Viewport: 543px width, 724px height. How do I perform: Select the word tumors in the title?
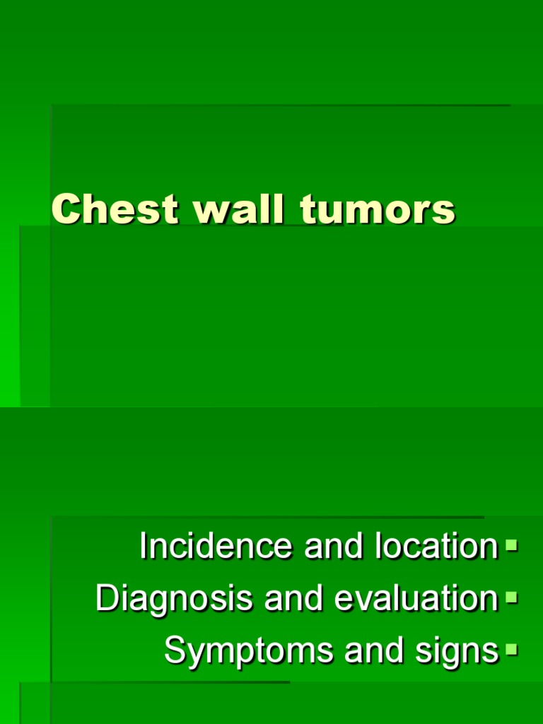pyautogui.click(x=378, y=210)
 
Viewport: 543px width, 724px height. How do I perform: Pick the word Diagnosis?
pyautogui.click(x=174, y=600)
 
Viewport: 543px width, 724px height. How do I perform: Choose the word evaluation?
pyautogui.click(x=416, y=599)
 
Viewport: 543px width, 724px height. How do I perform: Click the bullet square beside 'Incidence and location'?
pyautogui.click(x=512, y=545)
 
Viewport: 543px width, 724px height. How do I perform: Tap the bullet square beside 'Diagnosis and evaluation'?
pyautogui.click(x=512, y=598)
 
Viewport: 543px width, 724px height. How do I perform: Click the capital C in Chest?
pyautogui.click(x=64, y=210)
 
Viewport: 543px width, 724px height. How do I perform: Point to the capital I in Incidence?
pyautogui.click(x=144, y=546)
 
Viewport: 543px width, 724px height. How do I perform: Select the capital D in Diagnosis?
pyautogui.click(x=106, y=598)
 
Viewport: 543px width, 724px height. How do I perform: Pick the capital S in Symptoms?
pyautogui.click(x=175, y=650)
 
